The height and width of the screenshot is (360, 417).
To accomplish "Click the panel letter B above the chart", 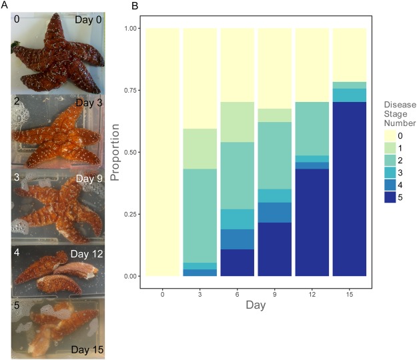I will click(135, 6).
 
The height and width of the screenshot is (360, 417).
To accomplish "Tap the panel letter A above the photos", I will click(5, 6).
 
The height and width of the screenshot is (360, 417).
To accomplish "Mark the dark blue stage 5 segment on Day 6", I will click(238, 263).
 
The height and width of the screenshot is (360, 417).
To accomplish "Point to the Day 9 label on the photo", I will click(89, 179).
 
